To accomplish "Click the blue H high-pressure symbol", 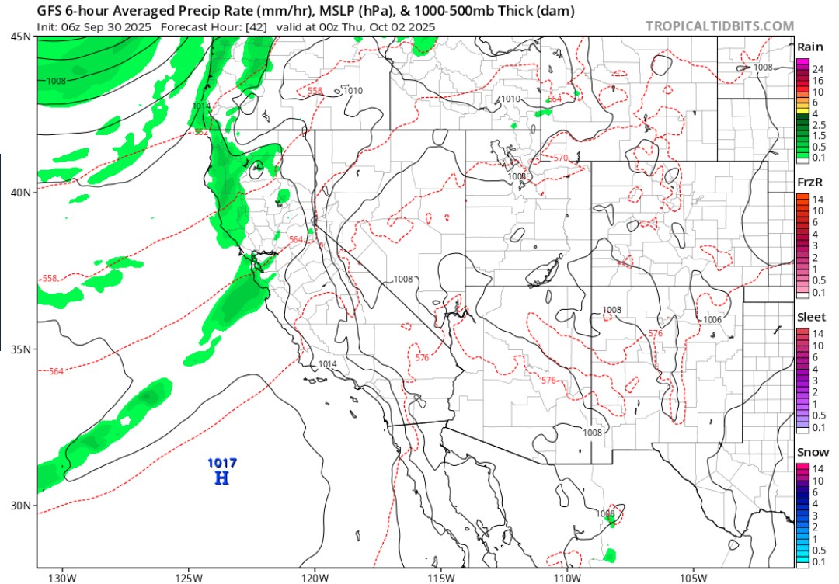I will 221,478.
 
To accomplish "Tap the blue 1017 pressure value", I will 222,464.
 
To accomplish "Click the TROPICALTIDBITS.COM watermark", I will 719,26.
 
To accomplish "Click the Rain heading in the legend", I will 810,47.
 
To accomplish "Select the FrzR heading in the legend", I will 810,182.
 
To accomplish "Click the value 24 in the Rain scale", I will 817,70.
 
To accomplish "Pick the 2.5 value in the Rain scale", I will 819,124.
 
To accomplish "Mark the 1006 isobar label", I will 712,320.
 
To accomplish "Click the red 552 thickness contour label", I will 201,132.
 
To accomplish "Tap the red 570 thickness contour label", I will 560,158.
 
